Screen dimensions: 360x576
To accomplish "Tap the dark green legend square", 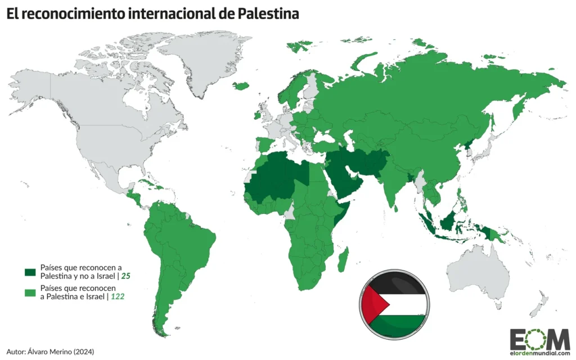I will [x=29, y=272].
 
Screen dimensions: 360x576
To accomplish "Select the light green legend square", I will [x=29, y=292].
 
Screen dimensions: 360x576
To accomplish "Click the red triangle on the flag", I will [x=373, y=305].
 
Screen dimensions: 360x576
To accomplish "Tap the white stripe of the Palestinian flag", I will [x=405, y=305].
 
